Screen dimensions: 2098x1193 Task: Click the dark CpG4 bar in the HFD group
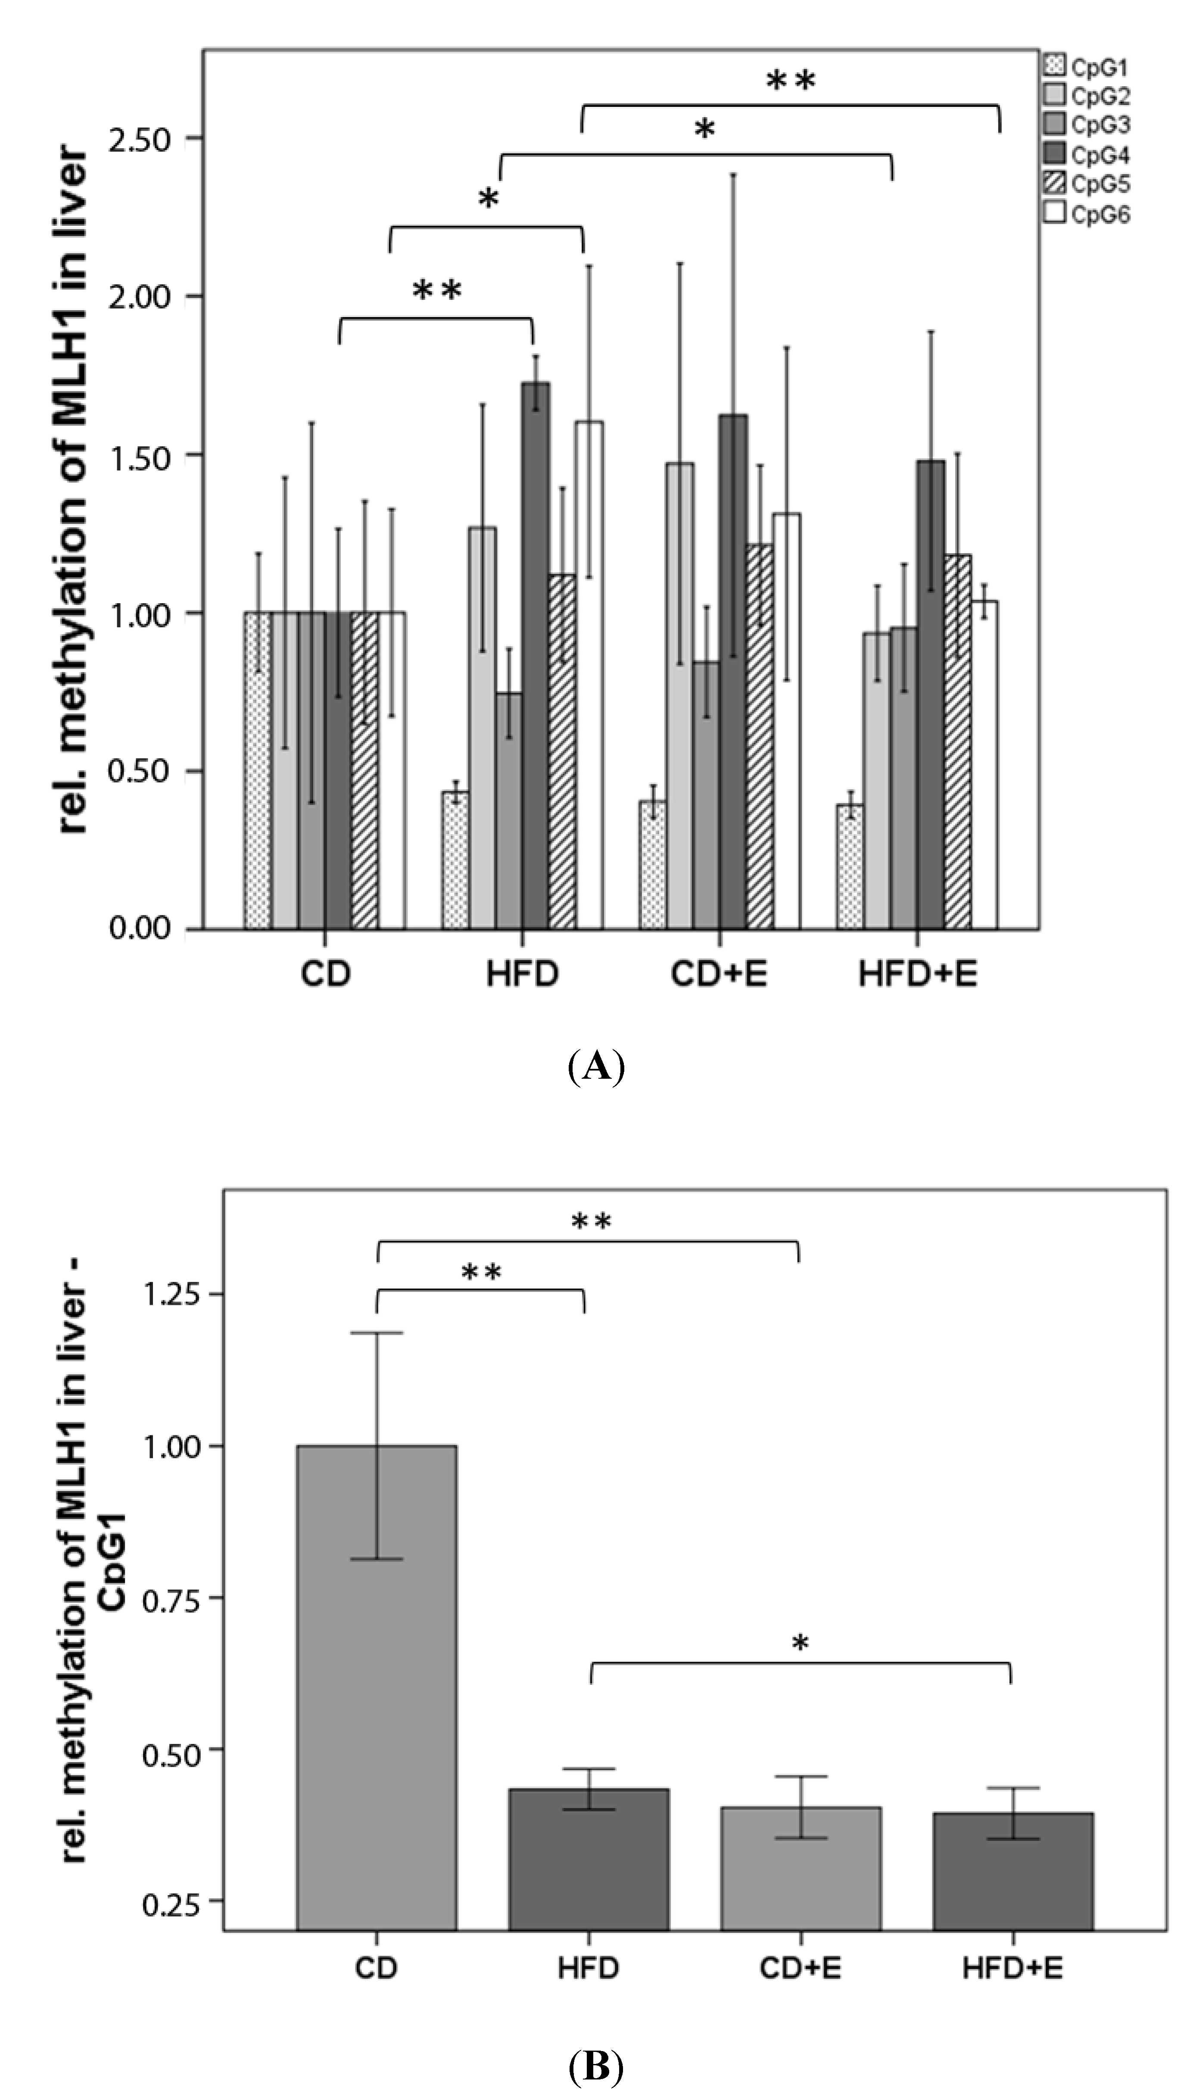click(x=536, y=655)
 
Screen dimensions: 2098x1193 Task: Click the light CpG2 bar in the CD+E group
click(x=679, y=696)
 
